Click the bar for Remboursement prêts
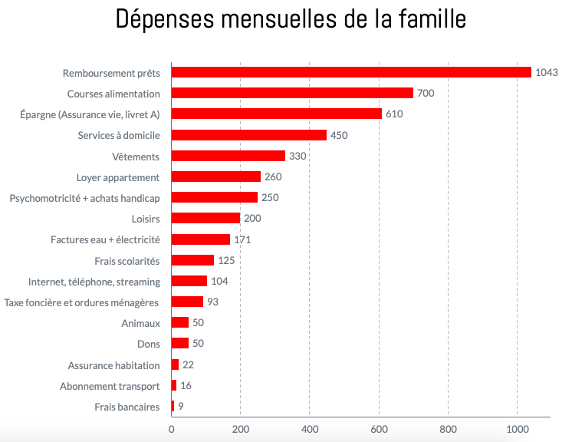click(x=351, y=72)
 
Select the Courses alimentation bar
click(x=292, y=93)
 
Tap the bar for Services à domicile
click(x=249, y=135)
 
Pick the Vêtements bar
click(x=228, y=156)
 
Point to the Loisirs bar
click(x=205, y=219)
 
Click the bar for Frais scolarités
click(x=192, y=260)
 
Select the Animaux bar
click(x=180, y=322)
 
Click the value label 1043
click(x=547, y=73)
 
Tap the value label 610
click(x=394, y=114)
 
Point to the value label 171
click(x=242, y=239)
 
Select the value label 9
click(x=181, y=406)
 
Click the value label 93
click(x=212, y=302)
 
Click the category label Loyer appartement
click(x=118, y=177)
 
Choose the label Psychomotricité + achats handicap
click(x=84, y=198)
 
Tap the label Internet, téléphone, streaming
click(x=94, y=282)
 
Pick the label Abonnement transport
click(x=110, y=386)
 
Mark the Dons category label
click(x=148, y=344)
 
